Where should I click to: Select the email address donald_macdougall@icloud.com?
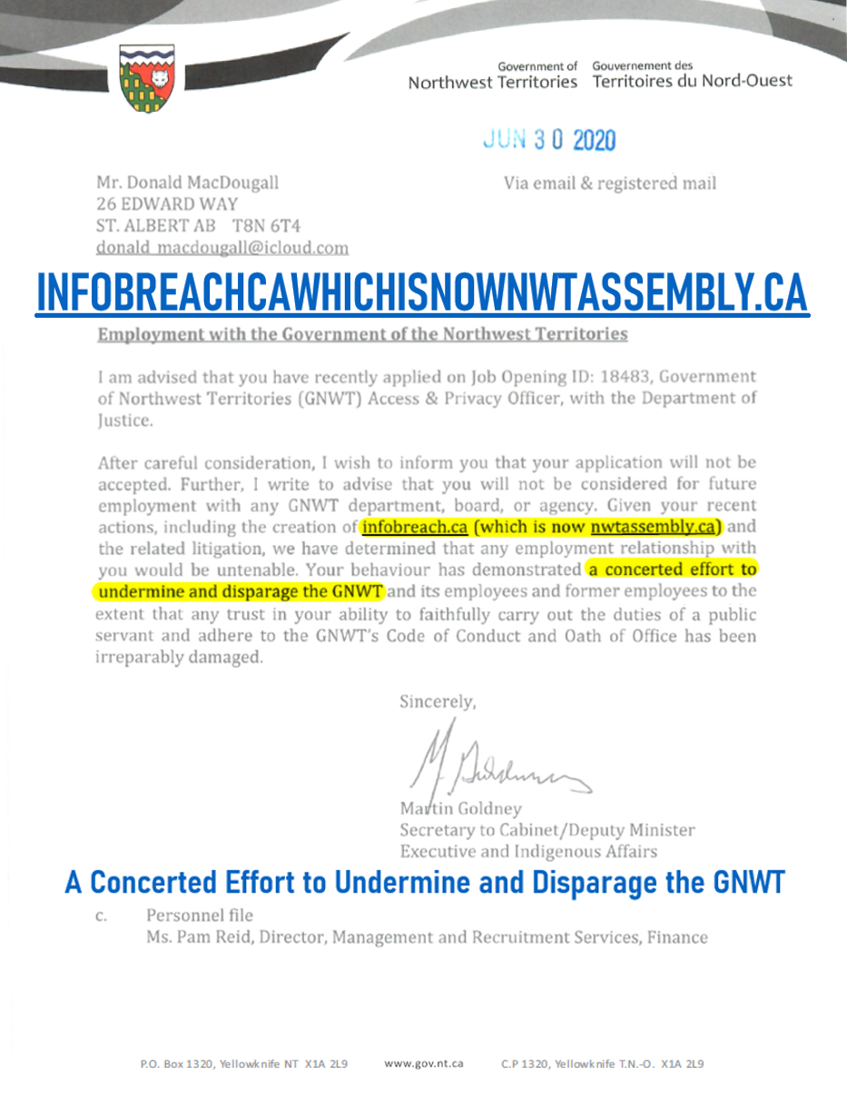[x=222, y=247]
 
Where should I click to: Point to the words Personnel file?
[x=199, y=914]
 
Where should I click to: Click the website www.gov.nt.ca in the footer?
[x=424, y=1062]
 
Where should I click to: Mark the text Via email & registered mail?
[x=610, y=183]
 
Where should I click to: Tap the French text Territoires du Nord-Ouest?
[x=692, y=82]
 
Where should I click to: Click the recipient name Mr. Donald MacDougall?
[x=187, y=182]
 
